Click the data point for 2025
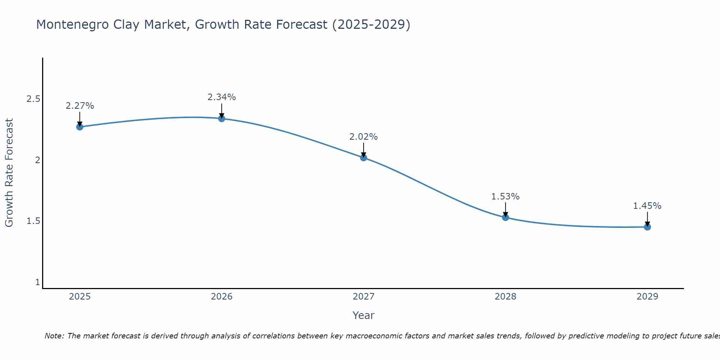click(80, 127)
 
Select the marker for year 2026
click(222, 118)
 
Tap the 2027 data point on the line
click(364, 157)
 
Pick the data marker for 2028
click(505, 217)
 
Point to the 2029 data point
click(647, 227)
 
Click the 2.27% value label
click(80, 106)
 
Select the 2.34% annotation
click(222, 97)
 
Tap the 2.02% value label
click(364, 137)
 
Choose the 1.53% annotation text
click(505, 197)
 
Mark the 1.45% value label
click(647, 206)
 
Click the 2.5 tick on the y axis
click(33, 99)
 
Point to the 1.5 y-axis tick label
click(33, 221)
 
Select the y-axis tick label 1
click(37, 282)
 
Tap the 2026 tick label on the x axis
click(222, 297)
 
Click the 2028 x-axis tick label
click(505, 297)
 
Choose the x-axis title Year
click(364, 315)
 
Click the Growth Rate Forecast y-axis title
click(9, 173)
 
